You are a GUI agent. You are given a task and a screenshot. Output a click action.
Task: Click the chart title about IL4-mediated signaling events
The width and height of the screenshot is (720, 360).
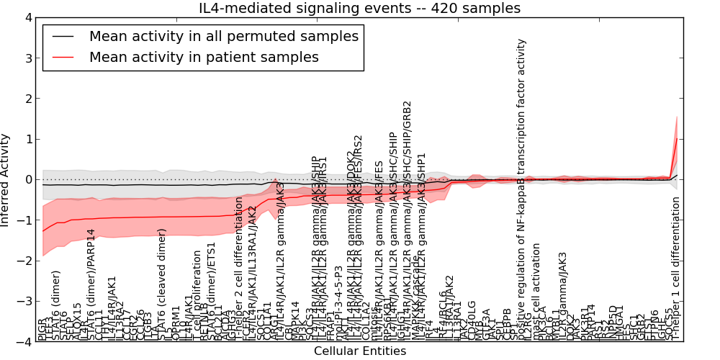pyautogui.click(x=359, y=9)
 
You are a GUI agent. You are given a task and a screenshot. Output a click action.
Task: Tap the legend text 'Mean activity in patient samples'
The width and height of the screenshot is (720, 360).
pyautogui.click(x=204, y=57)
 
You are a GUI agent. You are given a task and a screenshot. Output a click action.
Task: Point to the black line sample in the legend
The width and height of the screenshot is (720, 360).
pyautogui.click(x=63, y=36)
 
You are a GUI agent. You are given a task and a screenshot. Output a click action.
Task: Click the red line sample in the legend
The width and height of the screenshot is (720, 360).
pyautogui.click(x=63, y=57)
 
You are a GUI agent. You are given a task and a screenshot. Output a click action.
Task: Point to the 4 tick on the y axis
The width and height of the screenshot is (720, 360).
pyautogui.click(x=28, y=17)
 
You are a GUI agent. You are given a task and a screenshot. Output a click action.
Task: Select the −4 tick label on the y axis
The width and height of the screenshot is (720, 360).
pyautogui.click(x=25, y=342)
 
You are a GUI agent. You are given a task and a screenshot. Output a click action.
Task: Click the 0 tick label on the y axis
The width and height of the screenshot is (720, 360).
pyautogui.click(x=28, y=179)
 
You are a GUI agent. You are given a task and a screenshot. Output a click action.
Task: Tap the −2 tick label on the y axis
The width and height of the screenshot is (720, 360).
pyautogui.click(x=25, y=261)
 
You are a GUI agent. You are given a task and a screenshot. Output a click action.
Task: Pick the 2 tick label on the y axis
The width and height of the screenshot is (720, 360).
pyautogui.click(x=28, y=99)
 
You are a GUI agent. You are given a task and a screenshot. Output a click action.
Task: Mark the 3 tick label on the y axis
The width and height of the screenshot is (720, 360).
pyautogui.click(x=28, y=58)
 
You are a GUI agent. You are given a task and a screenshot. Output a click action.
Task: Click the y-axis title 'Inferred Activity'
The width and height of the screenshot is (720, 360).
pyautogui.click(x=6, y=180)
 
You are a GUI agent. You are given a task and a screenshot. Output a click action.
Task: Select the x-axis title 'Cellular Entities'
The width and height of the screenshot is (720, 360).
pyautogui.click(x=359, y=351)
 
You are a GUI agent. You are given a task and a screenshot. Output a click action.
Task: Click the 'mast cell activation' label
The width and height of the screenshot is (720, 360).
pyautogui.click(x=536, y=292)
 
